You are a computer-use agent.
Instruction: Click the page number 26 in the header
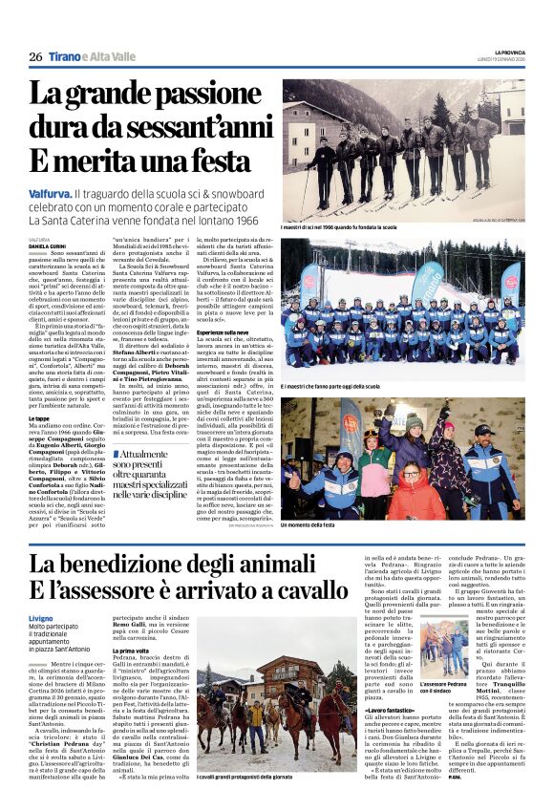tap(35, 56)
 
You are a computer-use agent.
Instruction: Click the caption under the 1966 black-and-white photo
tap(339, 227)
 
